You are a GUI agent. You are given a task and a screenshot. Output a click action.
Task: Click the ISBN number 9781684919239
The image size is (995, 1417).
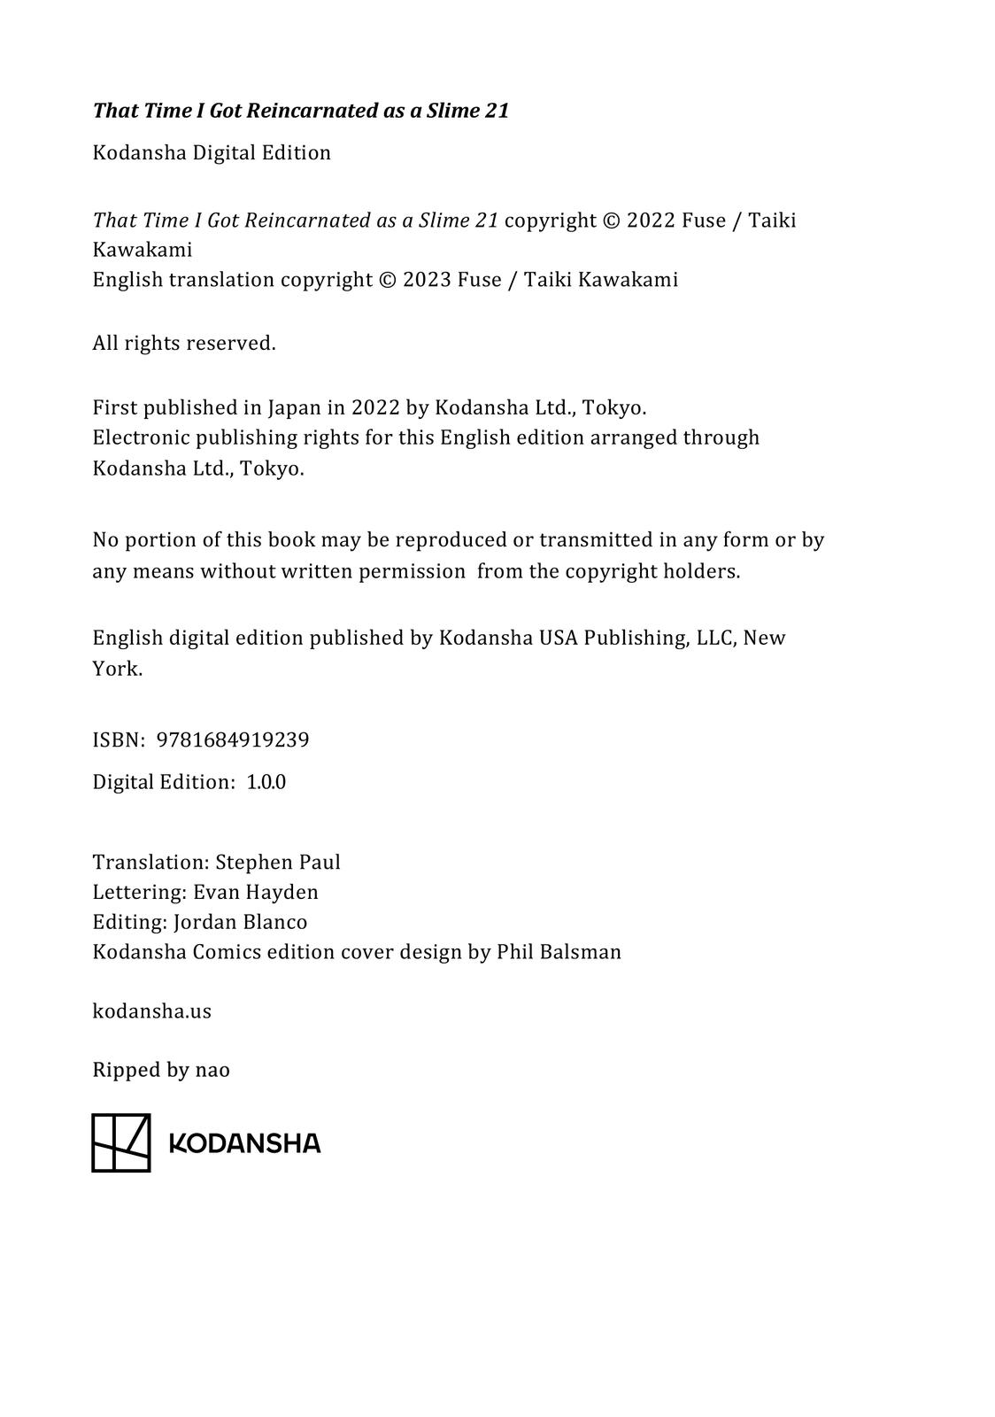coord(233,740)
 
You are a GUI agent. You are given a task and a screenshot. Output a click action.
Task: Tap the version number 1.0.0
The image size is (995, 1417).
coord(266,783)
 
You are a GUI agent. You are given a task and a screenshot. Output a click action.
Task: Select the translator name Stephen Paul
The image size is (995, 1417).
coord(278,863)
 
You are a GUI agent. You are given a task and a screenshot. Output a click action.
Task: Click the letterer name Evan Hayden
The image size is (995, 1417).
coord(256,893)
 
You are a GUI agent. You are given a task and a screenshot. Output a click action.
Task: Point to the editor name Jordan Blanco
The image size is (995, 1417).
coord(241,923)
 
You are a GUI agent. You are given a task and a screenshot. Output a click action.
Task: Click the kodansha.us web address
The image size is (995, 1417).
coord(152,1011)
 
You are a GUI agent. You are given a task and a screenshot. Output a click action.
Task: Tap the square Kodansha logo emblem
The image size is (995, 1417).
coord(121,1142)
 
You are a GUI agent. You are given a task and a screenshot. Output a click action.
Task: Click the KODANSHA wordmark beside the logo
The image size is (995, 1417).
coord(244,1143)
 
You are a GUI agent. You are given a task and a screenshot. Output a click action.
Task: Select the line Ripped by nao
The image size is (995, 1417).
coord(161,1071)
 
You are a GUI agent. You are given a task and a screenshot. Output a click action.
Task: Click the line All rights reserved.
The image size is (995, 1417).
coord(184,344)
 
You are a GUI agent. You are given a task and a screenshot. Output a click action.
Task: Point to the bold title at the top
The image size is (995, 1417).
coord(301,111)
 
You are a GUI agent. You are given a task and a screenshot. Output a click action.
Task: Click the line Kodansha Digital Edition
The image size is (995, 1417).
coord(212,153)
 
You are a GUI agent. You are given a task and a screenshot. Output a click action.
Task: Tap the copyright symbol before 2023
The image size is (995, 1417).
coord(387,280)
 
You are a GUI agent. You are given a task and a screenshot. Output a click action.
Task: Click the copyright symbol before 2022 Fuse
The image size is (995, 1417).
coord(611,221)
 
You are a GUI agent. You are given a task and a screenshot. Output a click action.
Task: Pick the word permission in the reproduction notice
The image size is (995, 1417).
coord(412,572)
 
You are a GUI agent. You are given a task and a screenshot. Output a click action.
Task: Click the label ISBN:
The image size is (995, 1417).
coord(119,740)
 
